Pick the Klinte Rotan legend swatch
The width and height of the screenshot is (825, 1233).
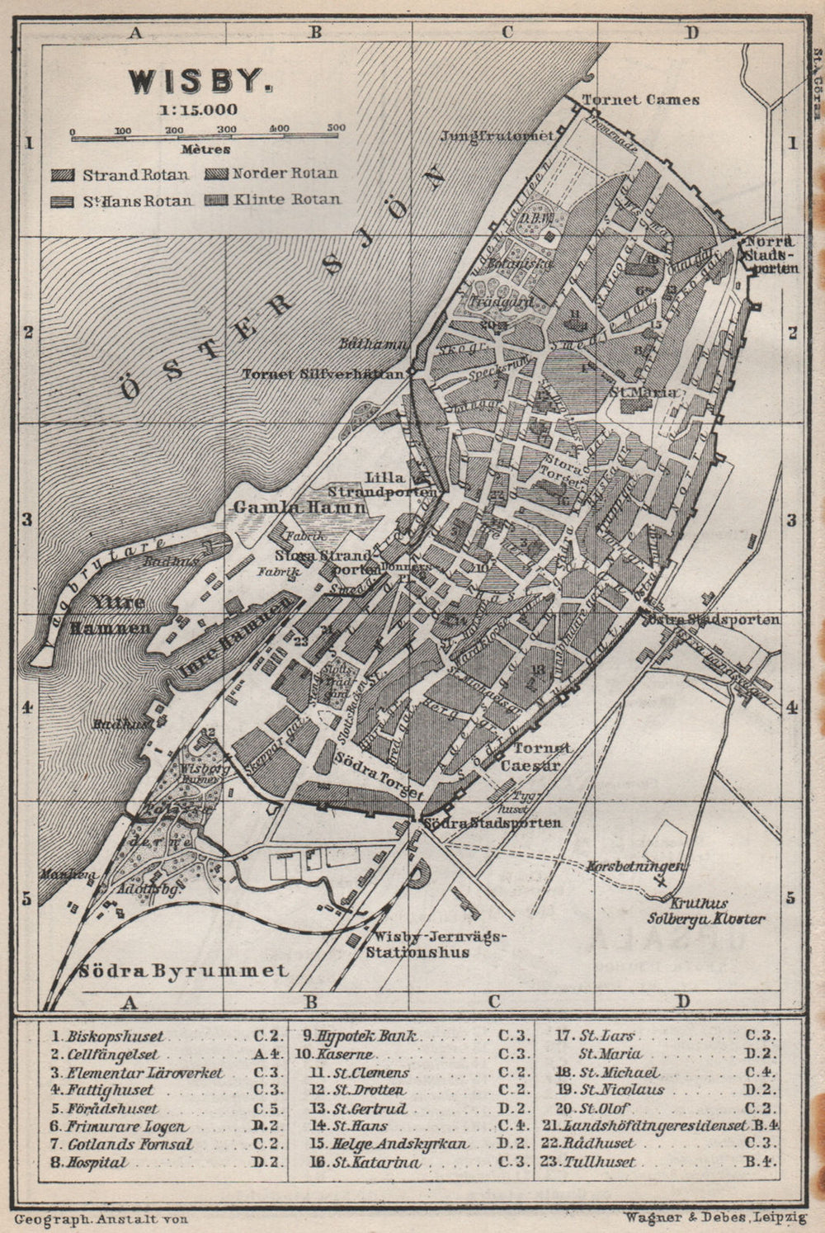tap(217, 200)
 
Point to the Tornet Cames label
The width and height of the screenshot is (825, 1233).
tap(641, 100)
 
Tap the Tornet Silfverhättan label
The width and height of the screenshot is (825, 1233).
tap(324, 374)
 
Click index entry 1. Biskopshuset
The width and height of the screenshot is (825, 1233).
tap(107, 1036)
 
